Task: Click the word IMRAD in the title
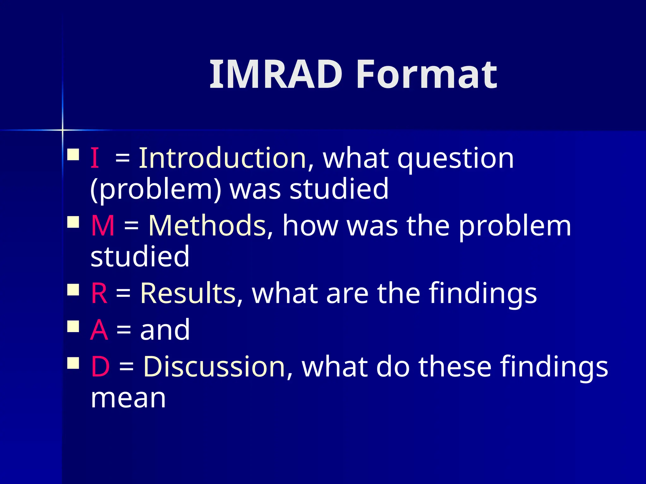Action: [x=276, y=75]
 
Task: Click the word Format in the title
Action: [x=426, y=75]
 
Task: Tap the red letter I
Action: [x=95, y=158]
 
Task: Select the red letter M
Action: [x=103, y=226]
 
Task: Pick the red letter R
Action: [x=99, y=293]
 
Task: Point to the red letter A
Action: [x=99, y=330]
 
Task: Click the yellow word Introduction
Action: [x=222, y=158]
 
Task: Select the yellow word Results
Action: [x=188, y=293]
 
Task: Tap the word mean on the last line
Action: [x=128, y=399]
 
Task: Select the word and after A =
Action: [x=165, y=330]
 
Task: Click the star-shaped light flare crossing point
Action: [x=62, y=130]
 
